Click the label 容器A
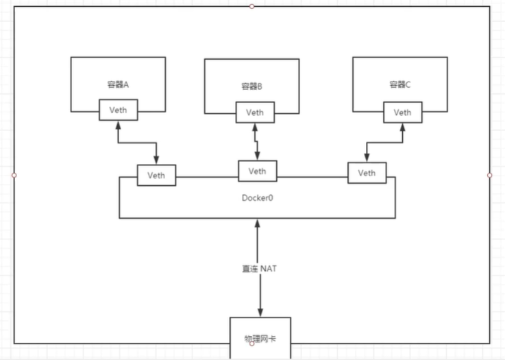[118, 84]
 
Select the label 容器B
[251, 86]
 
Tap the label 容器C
[399, 84]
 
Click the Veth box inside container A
[118, 110]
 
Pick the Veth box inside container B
[255, 112]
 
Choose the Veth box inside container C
[402, 112]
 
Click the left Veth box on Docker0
[156, 175]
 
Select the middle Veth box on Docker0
[257, 171]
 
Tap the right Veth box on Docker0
[367, 173]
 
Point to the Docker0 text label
[257, 197]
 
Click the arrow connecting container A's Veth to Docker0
[137, 143]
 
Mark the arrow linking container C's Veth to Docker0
[384, 143]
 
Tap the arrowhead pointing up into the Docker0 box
[258, 224]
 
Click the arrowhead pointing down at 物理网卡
[260, 312]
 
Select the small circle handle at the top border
[251, 6]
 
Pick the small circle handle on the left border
[14, 175]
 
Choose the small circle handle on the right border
[489, 175]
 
